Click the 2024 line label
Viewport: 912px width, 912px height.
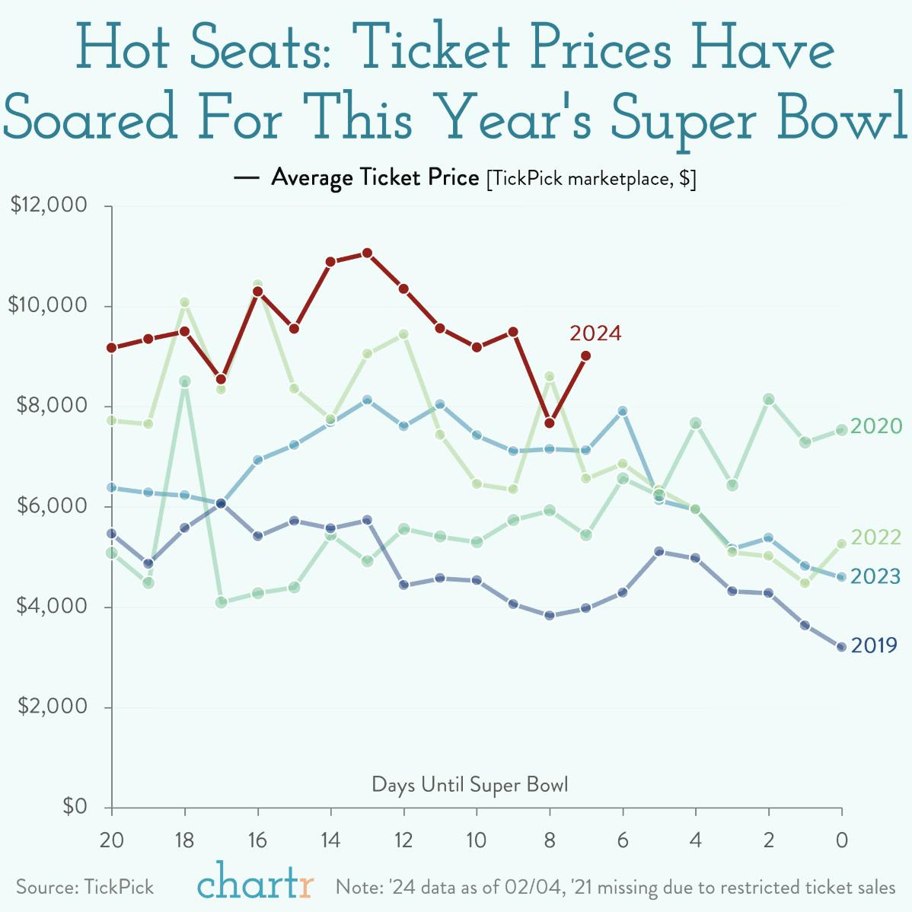coord(595,333)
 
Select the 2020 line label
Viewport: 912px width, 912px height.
coord(875,426)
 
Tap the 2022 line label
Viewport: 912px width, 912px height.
coord(875,537)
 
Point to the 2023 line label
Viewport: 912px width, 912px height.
coord(875,576)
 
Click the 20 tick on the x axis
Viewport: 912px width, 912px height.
coord(112,840)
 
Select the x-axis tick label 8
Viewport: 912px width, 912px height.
coord(550,840)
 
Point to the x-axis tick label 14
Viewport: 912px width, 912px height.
coord(330,840)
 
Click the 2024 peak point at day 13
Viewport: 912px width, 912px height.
coord(367,253)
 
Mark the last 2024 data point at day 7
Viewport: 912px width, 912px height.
coord(585,356)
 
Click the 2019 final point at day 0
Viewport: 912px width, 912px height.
coord(841,647)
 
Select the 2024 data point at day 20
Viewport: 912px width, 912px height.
coord(112,347)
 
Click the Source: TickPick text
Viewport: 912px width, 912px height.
coord(85,887)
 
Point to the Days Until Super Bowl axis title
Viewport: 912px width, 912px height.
coord(470,784)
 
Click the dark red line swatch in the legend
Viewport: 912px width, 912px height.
coord(247,178)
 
